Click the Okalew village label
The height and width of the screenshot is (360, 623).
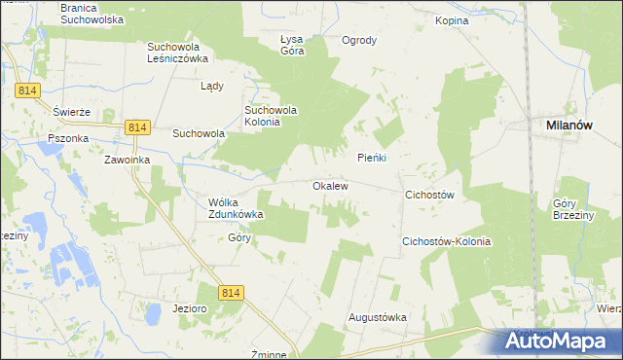pos(330,185)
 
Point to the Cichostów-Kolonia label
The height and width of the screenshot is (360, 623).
pos(446,241)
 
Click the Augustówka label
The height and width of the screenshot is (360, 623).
pos(378,317)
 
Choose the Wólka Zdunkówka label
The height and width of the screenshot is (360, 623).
pos(237,208)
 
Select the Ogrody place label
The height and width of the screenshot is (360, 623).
pos(359,41)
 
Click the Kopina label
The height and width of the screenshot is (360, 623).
pos(452,20)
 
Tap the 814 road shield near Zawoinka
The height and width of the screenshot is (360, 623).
pos(137,127)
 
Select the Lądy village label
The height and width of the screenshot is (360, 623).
pos(212,86)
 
